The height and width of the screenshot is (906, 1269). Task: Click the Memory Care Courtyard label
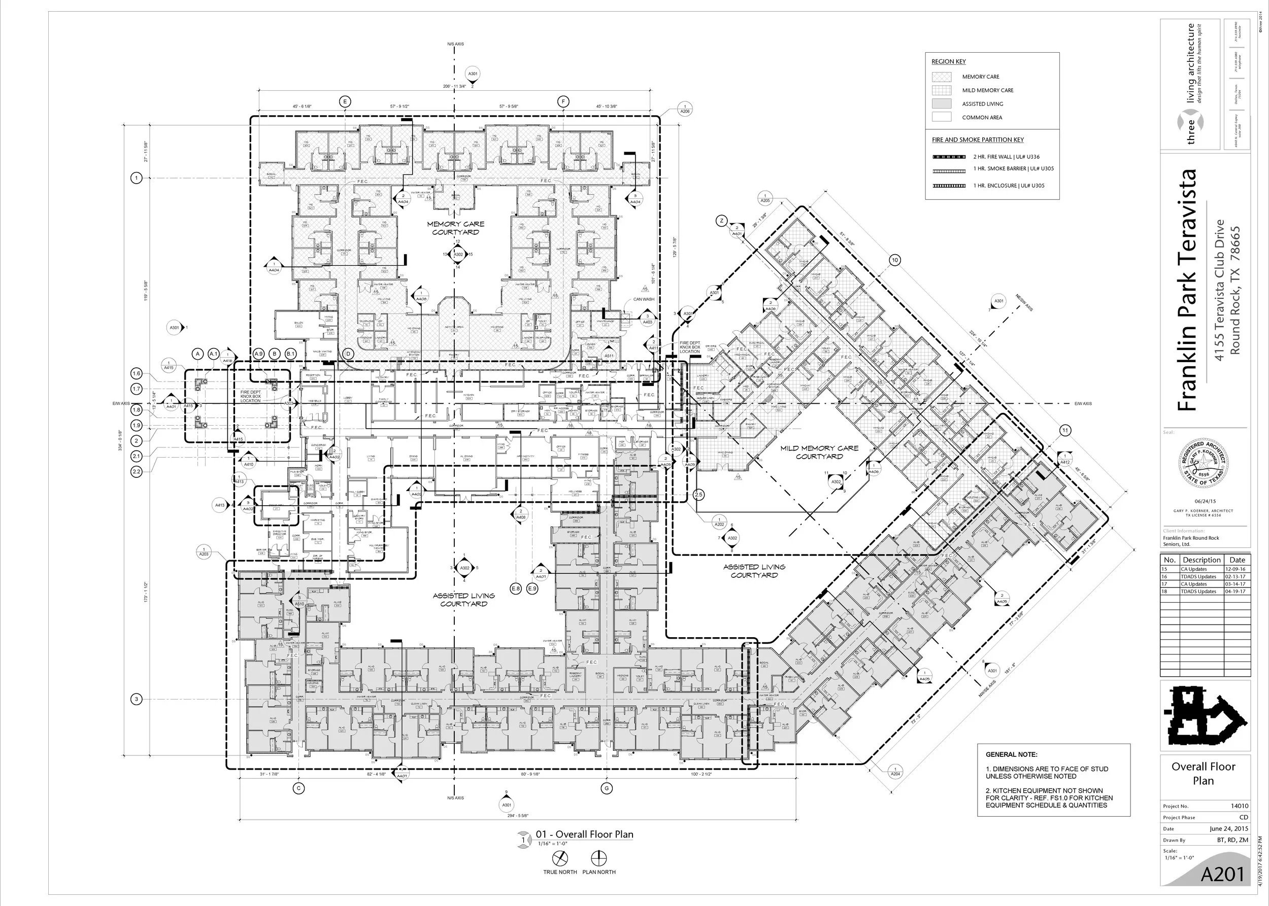[x=455, y=228]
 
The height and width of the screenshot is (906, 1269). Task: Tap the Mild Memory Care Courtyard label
[x=819, y=452]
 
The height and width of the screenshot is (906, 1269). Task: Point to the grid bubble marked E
[x=345, y=101]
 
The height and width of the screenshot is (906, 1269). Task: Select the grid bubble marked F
[x=563, y=101]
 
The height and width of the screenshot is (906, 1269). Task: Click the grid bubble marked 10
[x=894, y=260]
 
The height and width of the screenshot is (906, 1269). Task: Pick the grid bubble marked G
[x=606, y=788]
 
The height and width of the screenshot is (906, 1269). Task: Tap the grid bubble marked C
[x=298, y=788]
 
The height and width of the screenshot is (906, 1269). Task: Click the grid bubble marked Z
[x=721, y=221]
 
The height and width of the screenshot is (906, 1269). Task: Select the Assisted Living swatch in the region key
[x=941, y=104]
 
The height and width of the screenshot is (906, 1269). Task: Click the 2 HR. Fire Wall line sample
[x=949, y=157]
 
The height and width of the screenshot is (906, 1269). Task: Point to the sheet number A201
[x=1222, y=875]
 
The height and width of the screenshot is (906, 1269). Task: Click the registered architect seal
[x=1203, y=463]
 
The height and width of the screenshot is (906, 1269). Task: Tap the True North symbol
[x=560, y=858]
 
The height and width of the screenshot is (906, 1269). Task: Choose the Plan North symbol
[x=598, y=858]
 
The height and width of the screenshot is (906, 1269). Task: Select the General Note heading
[x=1011, y=754]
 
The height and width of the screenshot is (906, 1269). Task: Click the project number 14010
[x=1239, y=806]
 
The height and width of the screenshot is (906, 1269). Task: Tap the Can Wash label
[x=643, y=299]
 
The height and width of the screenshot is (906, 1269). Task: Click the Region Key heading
[x=948, y=62]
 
